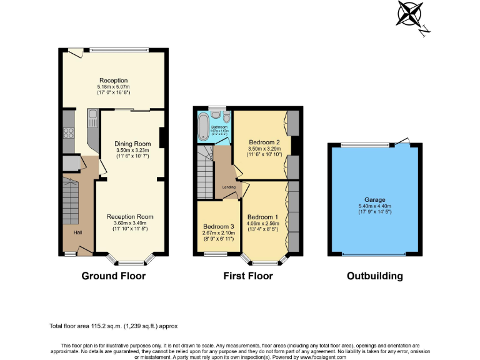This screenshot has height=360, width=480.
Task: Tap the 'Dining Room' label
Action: click(133, 144)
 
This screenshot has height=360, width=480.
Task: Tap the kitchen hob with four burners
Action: click(69, 132)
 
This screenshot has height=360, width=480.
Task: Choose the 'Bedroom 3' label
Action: click(219, 226)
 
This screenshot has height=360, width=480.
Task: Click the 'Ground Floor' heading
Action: click(114, 276)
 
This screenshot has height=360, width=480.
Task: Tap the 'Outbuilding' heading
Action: click(374, 276)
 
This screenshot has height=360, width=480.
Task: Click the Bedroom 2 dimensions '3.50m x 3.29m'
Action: click(264, 149)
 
